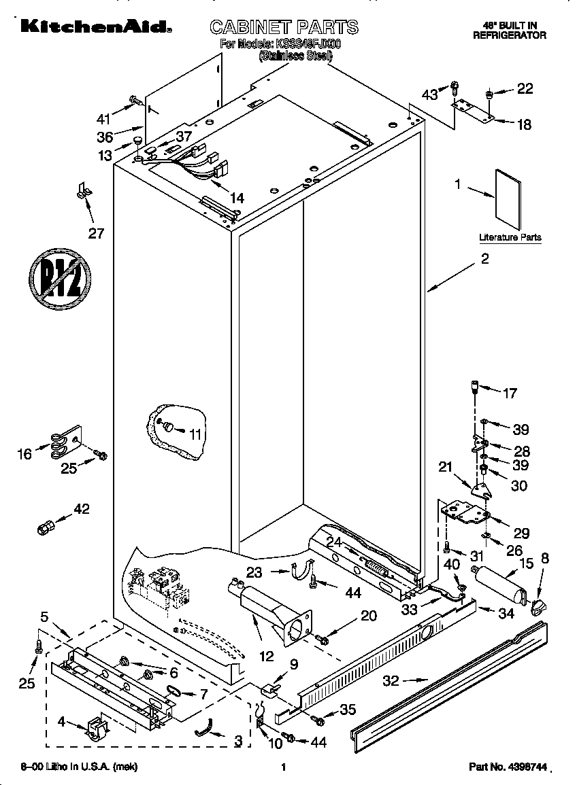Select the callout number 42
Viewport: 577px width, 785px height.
(x=81, y=508)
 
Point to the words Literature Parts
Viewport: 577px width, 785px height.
(x=510, y=237)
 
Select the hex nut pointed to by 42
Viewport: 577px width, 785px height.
(x=45, y=527)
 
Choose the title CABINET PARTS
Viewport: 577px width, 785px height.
(x=284, y=27)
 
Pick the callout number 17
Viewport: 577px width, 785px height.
(x=509, y=393)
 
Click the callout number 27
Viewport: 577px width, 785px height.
(x=97, y=233)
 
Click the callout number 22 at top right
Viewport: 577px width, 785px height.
(x=525, y=88)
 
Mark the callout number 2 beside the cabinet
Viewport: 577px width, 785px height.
(x=484, y=258)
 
